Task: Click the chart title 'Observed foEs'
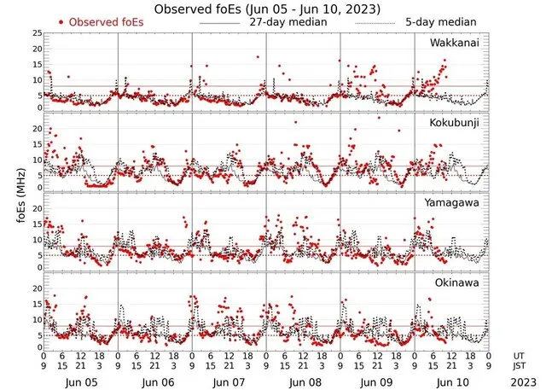(x=198, y=9)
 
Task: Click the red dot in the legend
(x=61, y=21)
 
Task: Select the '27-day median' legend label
(x=290, y=21)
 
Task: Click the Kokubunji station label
(x=454, y=123)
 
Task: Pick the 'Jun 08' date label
(x=303, y=382)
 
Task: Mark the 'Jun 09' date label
(x=376, y=382)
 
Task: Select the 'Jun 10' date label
(x=451, y=382)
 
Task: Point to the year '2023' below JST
(x=520, y=382)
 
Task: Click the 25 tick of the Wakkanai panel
(x=36, y=33)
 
